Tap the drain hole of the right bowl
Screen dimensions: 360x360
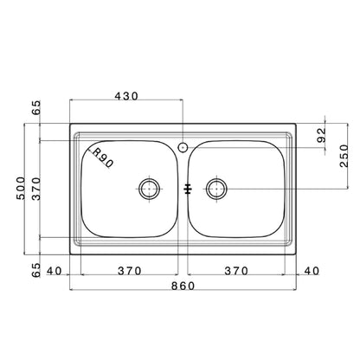coord(216,188)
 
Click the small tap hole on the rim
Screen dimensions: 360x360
coord(183,146)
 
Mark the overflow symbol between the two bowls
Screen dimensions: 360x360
coord(186,188)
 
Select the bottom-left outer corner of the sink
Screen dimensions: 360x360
coord(68,251)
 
